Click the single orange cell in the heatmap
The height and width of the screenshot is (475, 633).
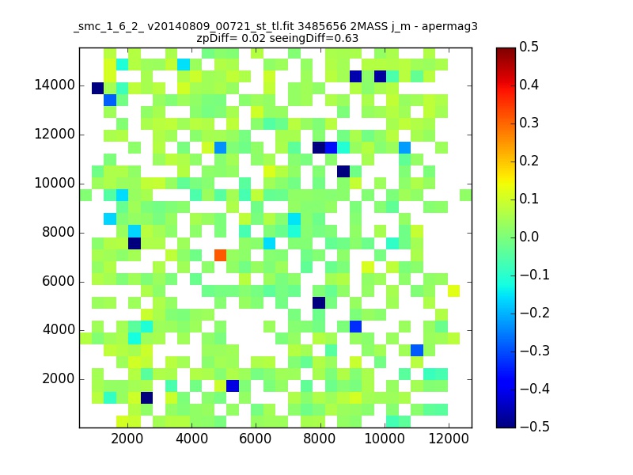[221, 255]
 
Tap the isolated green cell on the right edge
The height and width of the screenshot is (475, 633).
[466, 195]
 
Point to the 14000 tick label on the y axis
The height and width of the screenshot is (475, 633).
[55, 85]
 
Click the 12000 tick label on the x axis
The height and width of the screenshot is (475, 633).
[449, 439]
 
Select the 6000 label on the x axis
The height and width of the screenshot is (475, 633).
[255, 439]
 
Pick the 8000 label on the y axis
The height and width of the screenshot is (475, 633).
[59, 232]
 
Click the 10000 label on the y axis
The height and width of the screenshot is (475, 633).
[55, 184]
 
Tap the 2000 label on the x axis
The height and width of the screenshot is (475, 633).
[127, 439]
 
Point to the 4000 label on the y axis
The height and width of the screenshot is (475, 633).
[59, 330]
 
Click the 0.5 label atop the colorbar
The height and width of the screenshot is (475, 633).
[529, 47]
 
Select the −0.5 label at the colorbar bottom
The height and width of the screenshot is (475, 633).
[535, 427]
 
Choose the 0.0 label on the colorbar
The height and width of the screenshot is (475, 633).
[529, 237]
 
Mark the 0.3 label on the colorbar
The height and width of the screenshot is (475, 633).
[529, 123]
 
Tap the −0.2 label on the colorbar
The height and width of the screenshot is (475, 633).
[535, 313]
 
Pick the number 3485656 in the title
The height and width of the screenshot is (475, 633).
[322, 26]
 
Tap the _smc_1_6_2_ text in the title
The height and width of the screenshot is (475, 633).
[108, 28]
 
